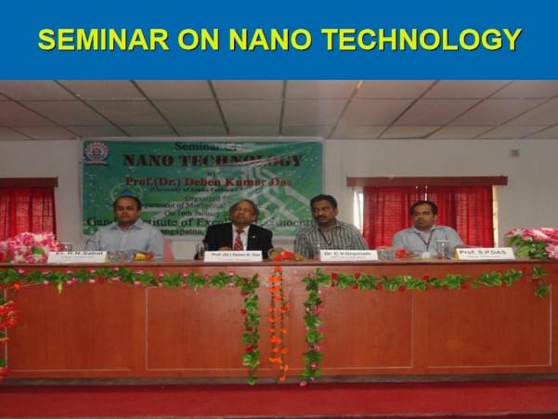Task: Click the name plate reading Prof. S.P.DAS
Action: pos(485,253)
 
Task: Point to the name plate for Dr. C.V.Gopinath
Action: pos(347,254)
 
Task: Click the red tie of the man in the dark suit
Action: pos(238,238)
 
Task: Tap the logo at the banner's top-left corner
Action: pos(96,153)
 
